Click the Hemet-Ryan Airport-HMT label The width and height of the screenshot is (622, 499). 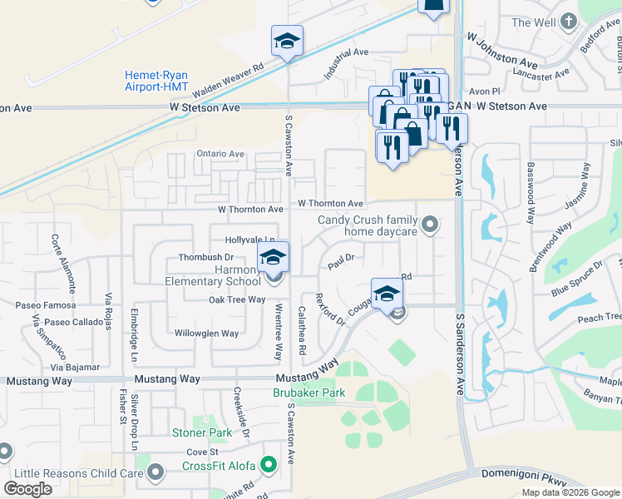point(155,81)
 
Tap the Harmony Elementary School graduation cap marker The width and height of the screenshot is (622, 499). point(272,257)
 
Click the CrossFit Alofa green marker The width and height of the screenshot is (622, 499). point(268,465)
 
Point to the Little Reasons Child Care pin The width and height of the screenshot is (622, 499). point(155,473)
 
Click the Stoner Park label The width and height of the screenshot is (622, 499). point(202,432)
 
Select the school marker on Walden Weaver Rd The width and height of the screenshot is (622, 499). point(287,41)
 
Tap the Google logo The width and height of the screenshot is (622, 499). point(28,489)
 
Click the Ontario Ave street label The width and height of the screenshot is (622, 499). point(220,154)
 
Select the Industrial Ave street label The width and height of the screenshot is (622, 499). point(345,62)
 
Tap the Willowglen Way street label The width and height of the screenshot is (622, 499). point(206,333)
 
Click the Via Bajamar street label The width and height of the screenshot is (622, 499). point(75,367)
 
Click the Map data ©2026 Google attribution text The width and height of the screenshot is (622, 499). point(570,492)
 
